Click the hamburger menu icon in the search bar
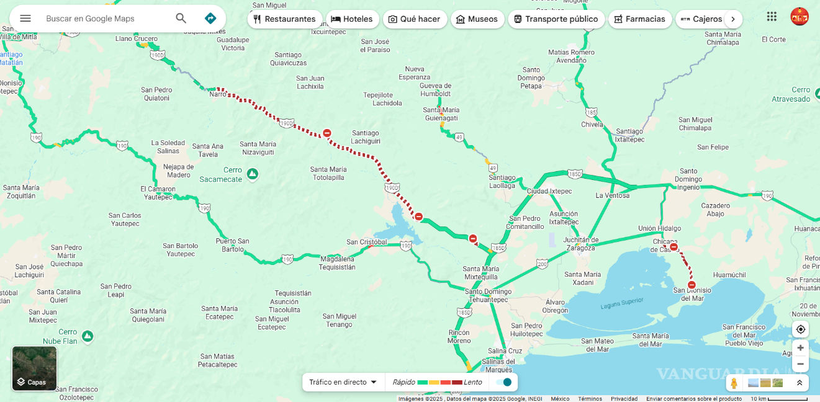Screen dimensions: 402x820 25,19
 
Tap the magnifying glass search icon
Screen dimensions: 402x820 181,19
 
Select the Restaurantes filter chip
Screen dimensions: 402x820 285,19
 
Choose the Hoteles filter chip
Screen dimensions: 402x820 352,19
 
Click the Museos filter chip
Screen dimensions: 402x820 477,19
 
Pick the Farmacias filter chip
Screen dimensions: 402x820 639,19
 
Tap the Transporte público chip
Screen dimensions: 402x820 556,19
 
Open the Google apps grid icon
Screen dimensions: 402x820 772,17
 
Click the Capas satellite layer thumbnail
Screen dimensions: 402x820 35,368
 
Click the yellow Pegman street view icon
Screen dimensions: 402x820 734,383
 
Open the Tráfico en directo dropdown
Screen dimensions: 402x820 343,382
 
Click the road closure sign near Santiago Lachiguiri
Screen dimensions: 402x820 327,133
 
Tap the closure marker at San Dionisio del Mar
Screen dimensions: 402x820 692,285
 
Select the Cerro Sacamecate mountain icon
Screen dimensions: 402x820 252,174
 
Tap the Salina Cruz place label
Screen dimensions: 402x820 505,351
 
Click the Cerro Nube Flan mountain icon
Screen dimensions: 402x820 88,336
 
